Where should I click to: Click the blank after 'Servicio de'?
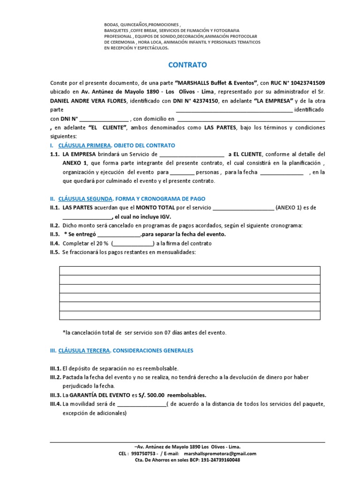(x=192, y=155)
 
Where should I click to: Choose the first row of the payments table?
(x=189, y=270)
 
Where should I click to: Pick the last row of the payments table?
(x=189, y=315)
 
